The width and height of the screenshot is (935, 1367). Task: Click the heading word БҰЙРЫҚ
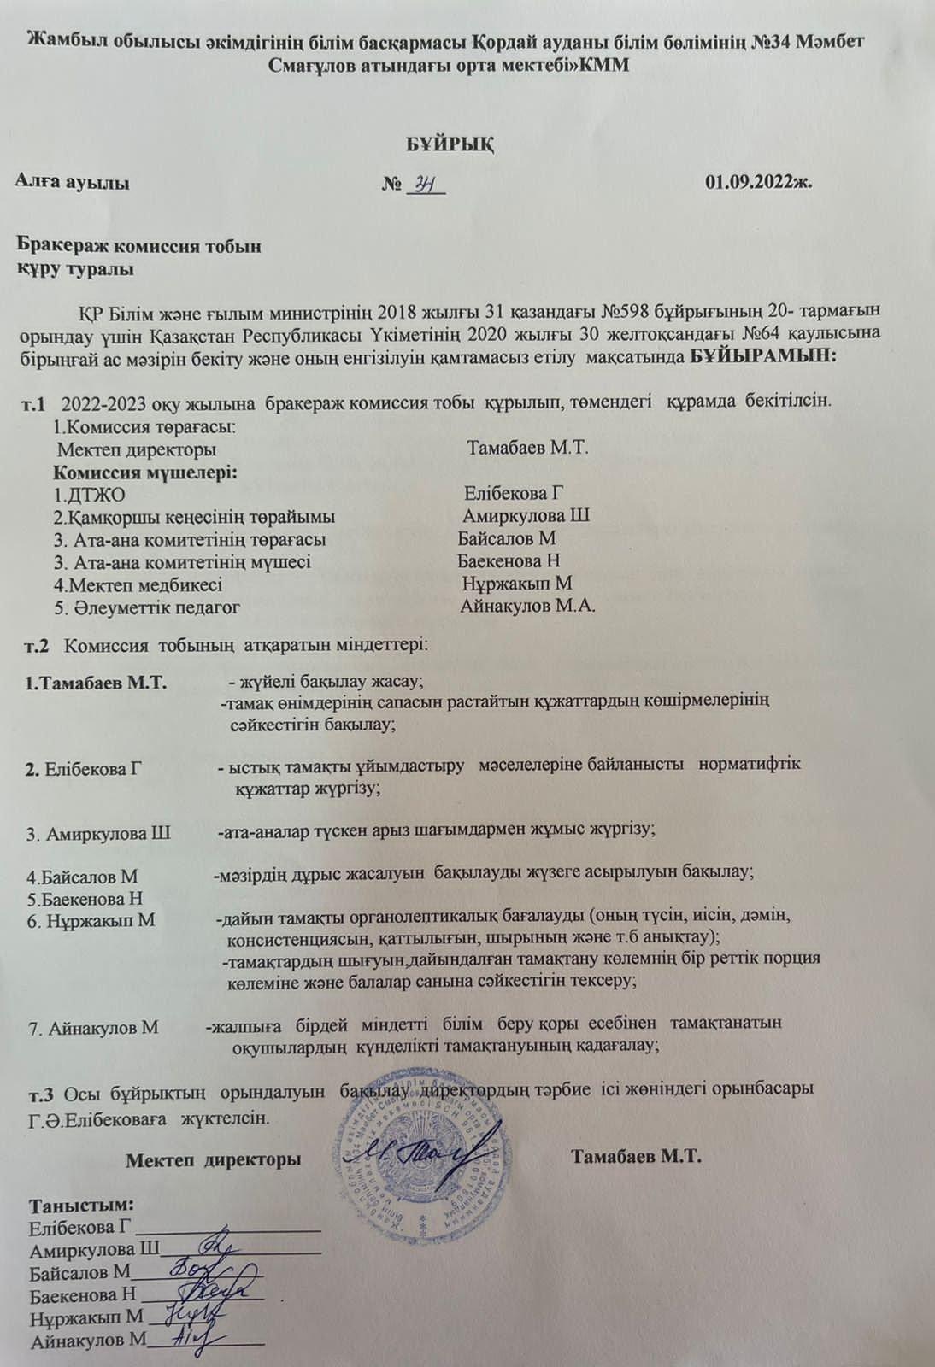tap(450, 143)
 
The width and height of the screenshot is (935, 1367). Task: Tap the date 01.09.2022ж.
tap(758, 182)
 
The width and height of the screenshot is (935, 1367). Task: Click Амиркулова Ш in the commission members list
tap(526, 516)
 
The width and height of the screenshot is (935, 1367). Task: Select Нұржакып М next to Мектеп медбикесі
tap(517, 584)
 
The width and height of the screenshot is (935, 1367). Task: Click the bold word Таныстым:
tap(83, 1206)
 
